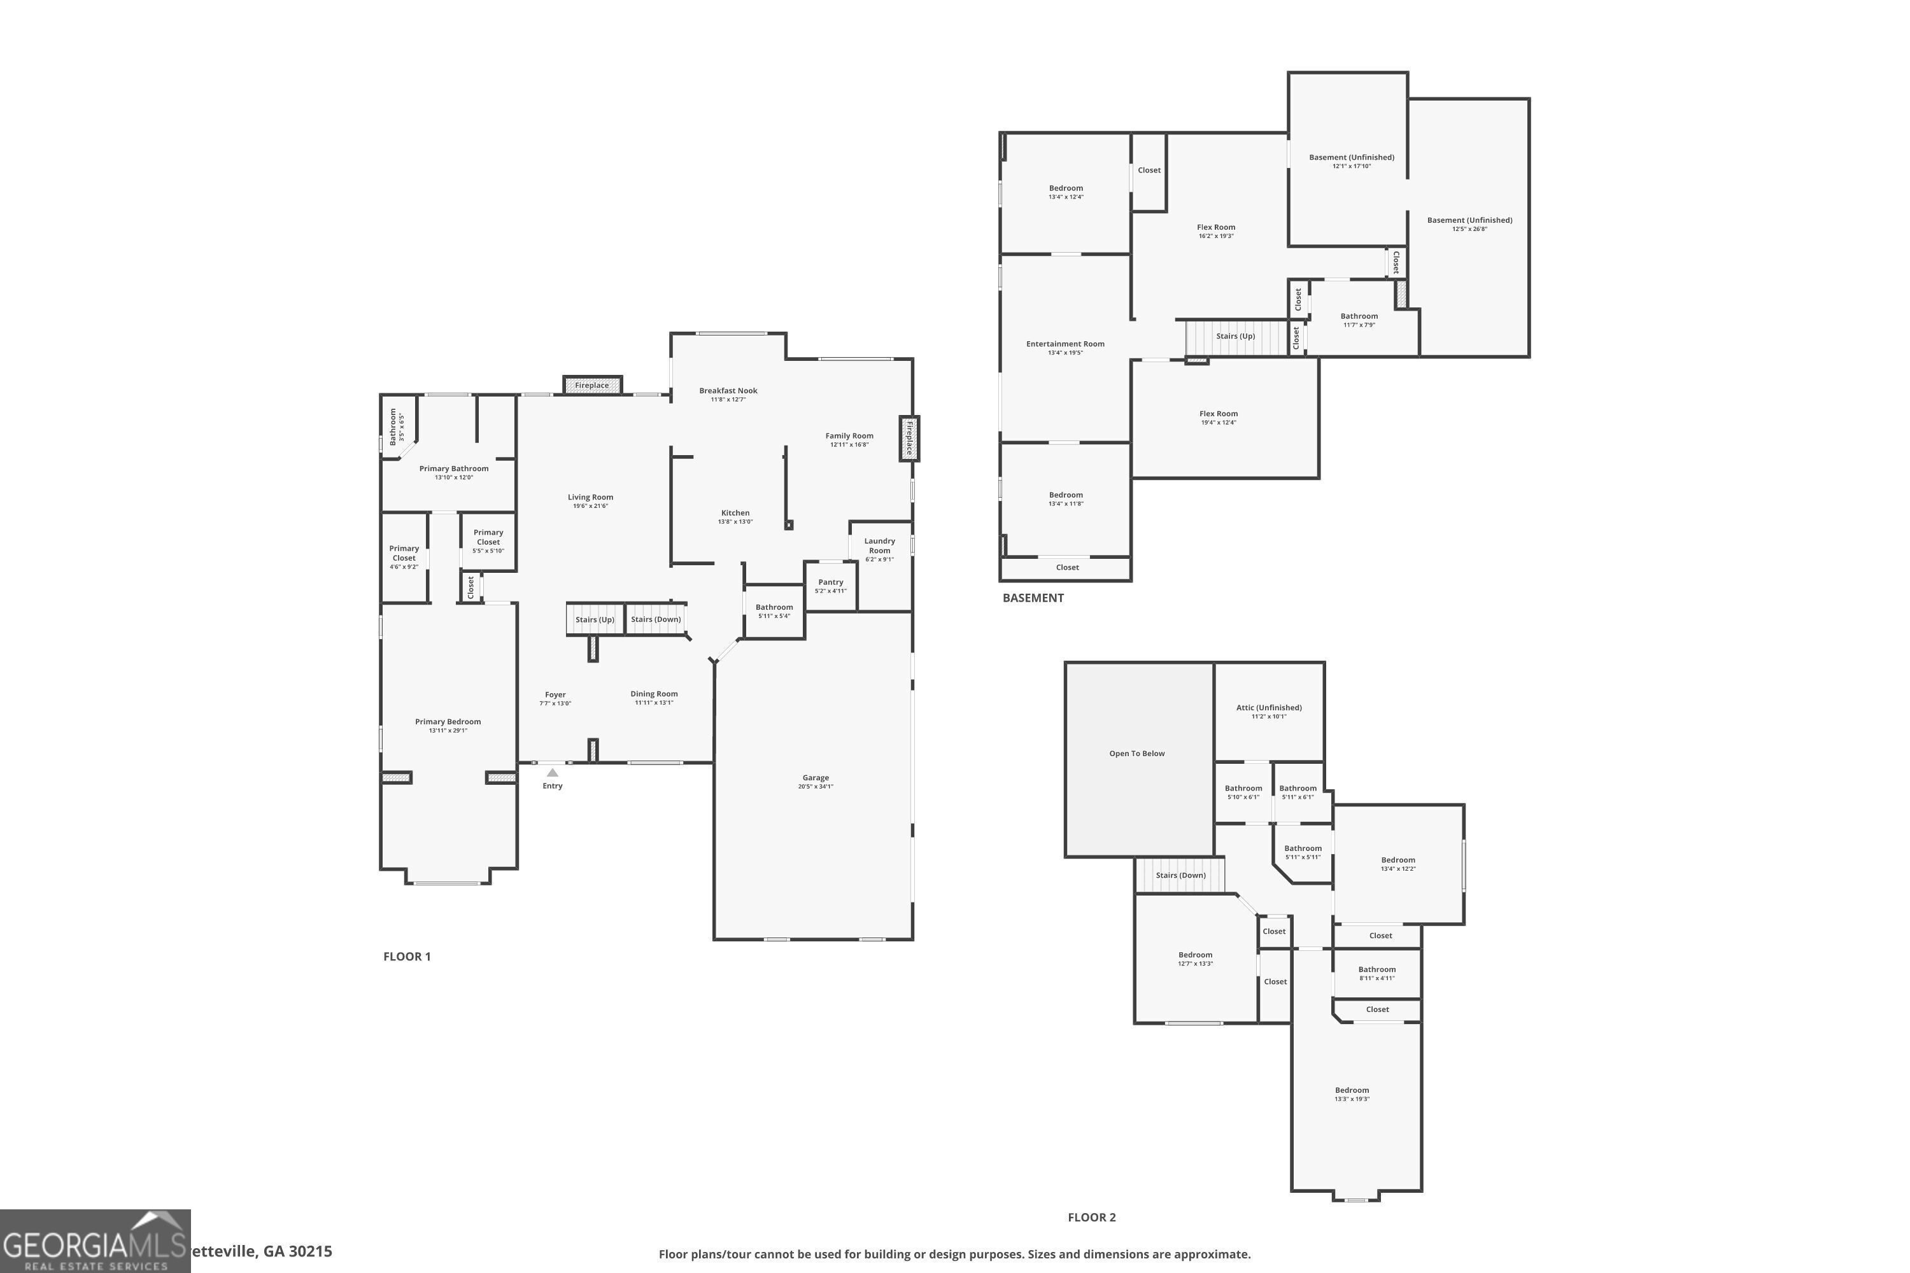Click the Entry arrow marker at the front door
point(552,772)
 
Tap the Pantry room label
point(830,582)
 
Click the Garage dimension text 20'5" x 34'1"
point(816,786)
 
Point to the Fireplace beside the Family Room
point(909,439)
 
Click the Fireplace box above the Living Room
point(592,385)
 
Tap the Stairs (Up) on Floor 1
point(595,619)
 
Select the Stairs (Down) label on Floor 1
point(655,619)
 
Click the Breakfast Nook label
point(728,391)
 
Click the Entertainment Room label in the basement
point(1065,344)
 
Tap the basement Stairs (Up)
point(1235,336)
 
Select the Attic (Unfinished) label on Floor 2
point(1268,708)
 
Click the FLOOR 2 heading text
point(1091,1217)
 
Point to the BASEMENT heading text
point(1032,598)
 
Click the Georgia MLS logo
point(95,1241)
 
